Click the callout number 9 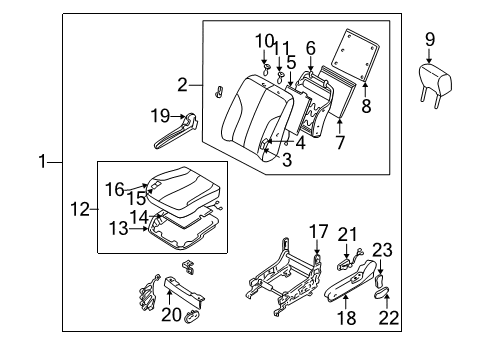click(x=430, y=39)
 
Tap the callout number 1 click(x=42, y=161)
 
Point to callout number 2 click(x=182, y=84)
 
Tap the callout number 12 click(x=83, y=209)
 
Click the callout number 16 click(x=115, y=187)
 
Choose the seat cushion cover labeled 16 click(x=180, y=195)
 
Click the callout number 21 click(x=347, y=261)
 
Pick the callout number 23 click(x=382, y=277)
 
